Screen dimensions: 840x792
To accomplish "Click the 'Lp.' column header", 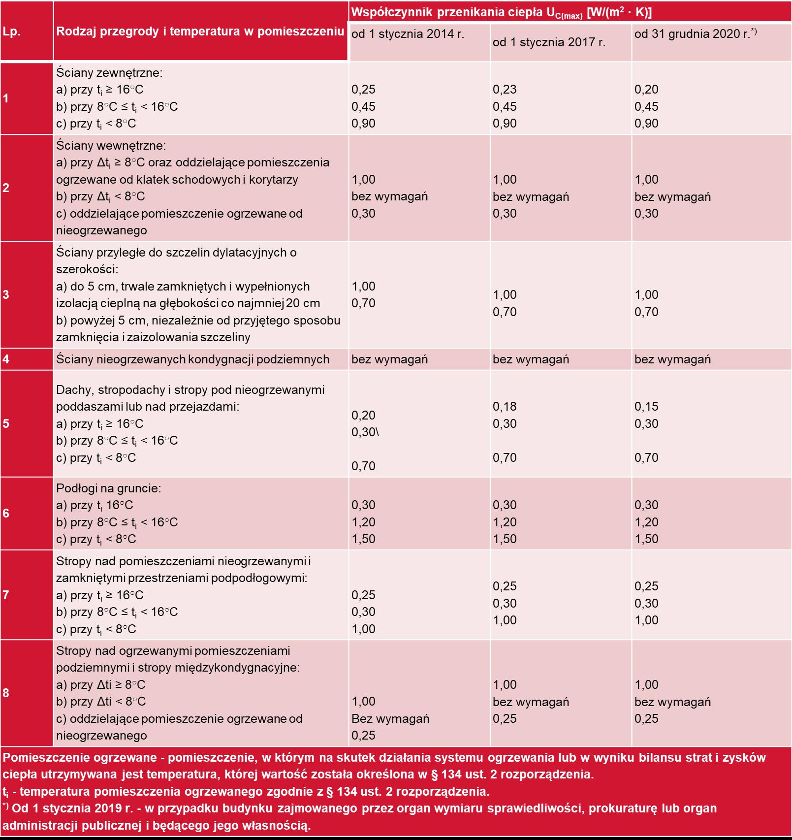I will (11, 32).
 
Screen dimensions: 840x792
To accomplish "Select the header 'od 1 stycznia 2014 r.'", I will (408, 34).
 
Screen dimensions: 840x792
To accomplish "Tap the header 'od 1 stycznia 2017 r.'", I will (549, 42).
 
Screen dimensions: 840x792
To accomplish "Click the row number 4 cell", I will (6, 359).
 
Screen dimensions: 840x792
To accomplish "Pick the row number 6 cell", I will (6, 513).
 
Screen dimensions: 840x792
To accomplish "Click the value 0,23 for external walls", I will (505, 90).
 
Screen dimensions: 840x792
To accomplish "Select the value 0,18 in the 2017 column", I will (505, 407).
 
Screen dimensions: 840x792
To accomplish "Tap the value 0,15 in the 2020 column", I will (646, 407).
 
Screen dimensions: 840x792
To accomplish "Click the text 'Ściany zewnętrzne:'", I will (109, 73).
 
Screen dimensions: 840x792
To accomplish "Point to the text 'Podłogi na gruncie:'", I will (109, 488).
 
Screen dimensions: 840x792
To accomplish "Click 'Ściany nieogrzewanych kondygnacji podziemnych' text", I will (192, 359).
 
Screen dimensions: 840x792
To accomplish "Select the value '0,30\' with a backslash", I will (365, 432).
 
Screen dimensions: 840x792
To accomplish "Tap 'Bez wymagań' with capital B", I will (390, 719).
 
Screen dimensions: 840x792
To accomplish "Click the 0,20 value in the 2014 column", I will (363, 416).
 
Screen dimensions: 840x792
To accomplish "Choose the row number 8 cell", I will (6, 693).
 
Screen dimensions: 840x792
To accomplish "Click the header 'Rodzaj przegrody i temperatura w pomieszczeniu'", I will (200, 32).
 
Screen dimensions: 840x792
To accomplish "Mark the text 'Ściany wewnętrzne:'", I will (111, 146).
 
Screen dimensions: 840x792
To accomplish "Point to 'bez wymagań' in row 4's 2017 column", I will (531, 359).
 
